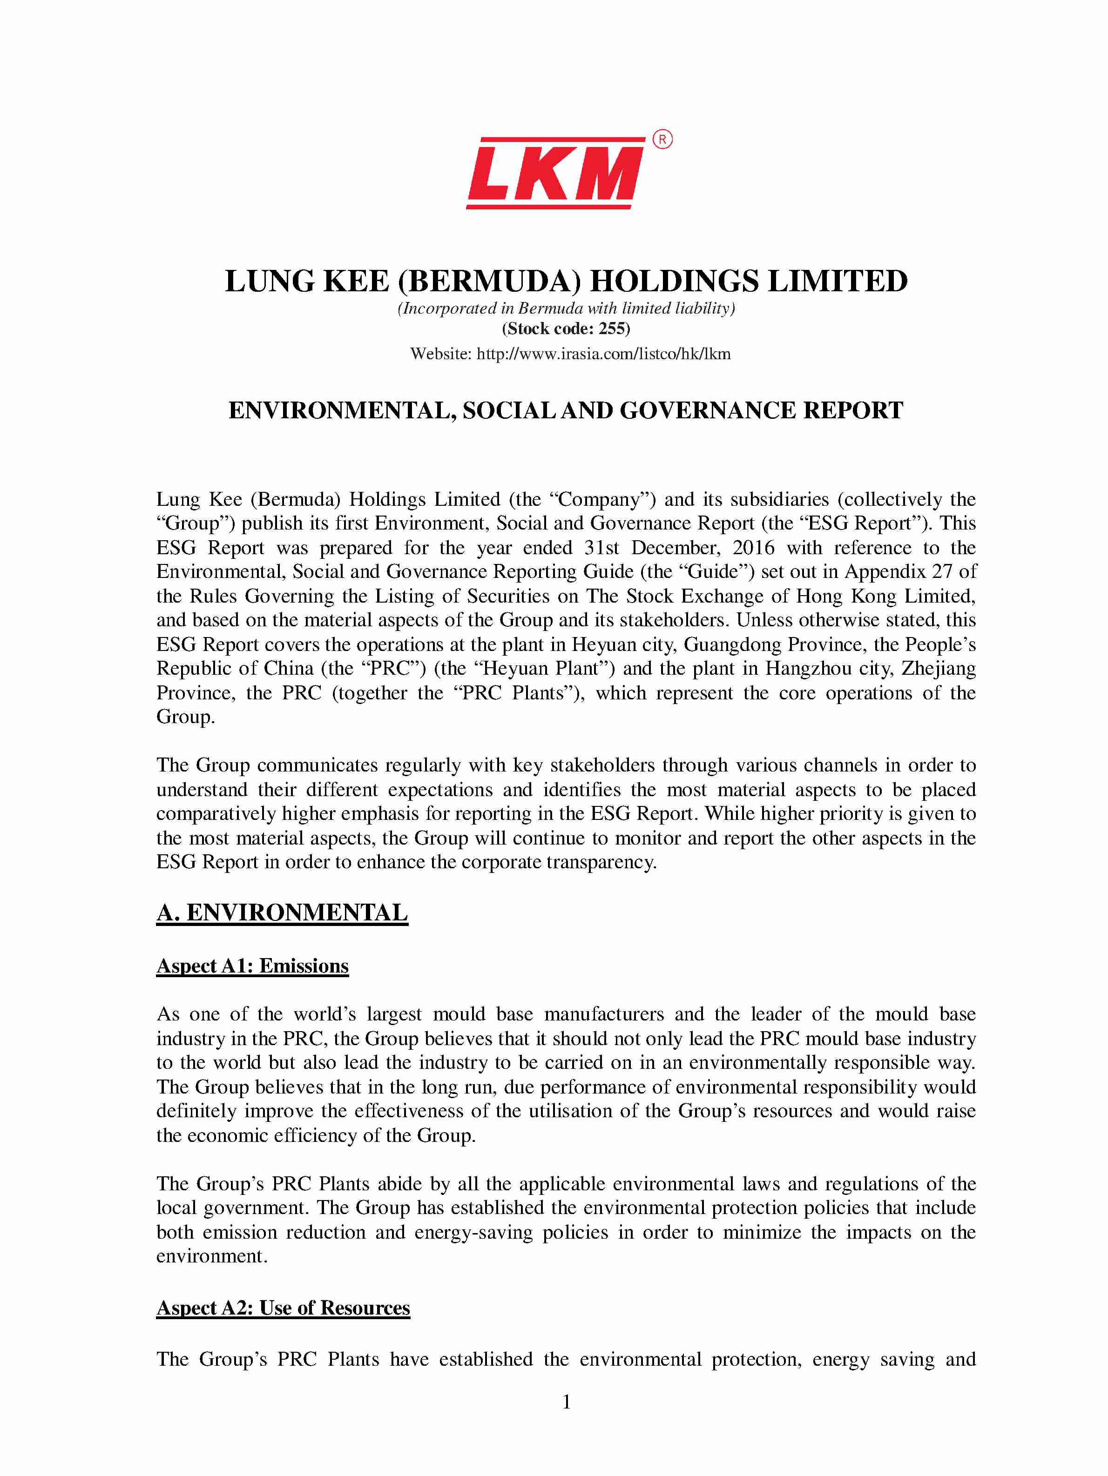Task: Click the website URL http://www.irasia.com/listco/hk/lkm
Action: coord(603,354)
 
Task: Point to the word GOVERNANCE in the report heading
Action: coord(708,410)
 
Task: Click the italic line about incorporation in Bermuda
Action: coord(566,309)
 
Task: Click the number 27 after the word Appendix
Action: coord(944,572)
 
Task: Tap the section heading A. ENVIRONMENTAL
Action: coord(282,913)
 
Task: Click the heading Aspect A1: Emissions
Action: coord(252,966)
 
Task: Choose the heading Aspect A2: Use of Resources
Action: coord(283,1308)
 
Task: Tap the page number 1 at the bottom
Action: coord(566,1402)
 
